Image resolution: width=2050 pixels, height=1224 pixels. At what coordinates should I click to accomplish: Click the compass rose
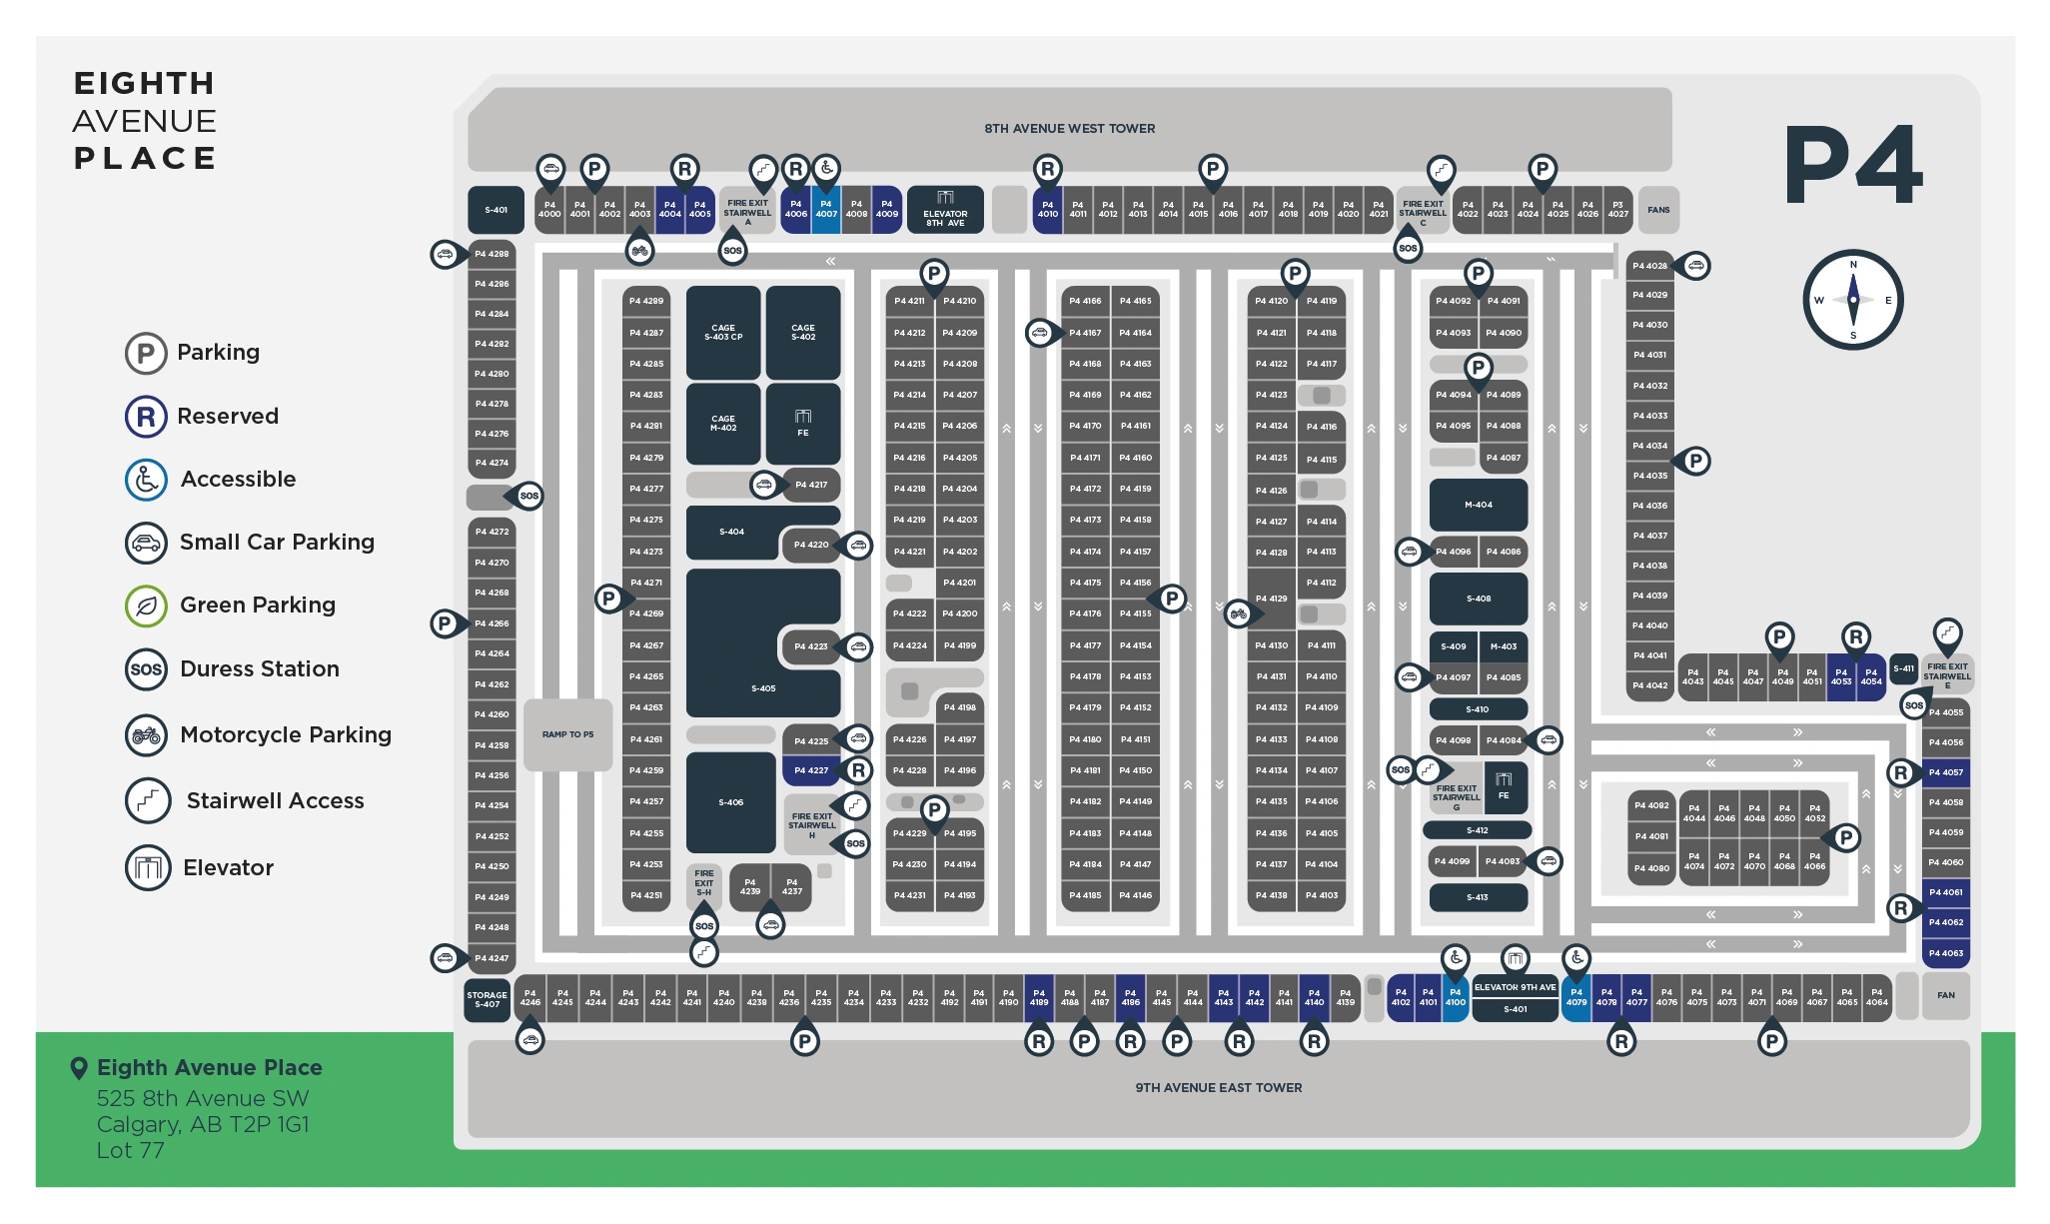point(1852,300)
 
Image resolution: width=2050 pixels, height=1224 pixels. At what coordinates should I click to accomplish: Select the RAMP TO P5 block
point(567,734)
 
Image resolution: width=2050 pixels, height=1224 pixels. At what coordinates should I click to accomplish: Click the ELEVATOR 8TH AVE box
point(945,210)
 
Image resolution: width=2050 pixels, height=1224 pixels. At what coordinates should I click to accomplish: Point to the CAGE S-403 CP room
point(723,332)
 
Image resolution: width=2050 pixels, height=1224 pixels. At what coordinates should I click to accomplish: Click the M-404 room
point(1478,505)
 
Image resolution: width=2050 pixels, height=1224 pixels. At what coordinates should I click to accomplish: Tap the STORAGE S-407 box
point(487,999)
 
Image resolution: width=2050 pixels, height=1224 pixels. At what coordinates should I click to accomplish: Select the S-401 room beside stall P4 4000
point(496,210)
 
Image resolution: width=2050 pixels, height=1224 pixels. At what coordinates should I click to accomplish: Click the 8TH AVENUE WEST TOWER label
point(1069,128)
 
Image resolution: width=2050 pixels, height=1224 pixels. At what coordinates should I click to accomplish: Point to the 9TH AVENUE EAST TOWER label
point(1218,1087)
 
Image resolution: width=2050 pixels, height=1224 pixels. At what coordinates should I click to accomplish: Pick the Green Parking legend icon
point(146,606)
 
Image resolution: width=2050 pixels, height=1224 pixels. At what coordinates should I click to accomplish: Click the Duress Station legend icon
point(146,669)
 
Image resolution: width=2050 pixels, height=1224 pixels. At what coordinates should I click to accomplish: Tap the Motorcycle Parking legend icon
point(146,735)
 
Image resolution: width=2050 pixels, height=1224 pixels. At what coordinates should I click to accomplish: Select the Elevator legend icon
point(148,867)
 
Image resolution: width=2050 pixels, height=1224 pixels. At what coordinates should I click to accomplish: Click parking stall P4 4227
point(811,770)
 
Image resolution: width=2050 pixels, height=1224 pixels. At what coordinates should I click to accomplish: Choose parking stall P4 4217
point(811,485)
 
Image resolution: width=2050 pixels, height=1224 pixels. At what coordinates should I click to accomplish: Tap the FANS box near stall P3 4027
point(1658,210)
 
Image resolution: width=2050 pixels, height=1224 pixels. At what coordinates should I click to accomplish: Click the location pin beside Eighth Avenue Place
point(79,1068)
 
